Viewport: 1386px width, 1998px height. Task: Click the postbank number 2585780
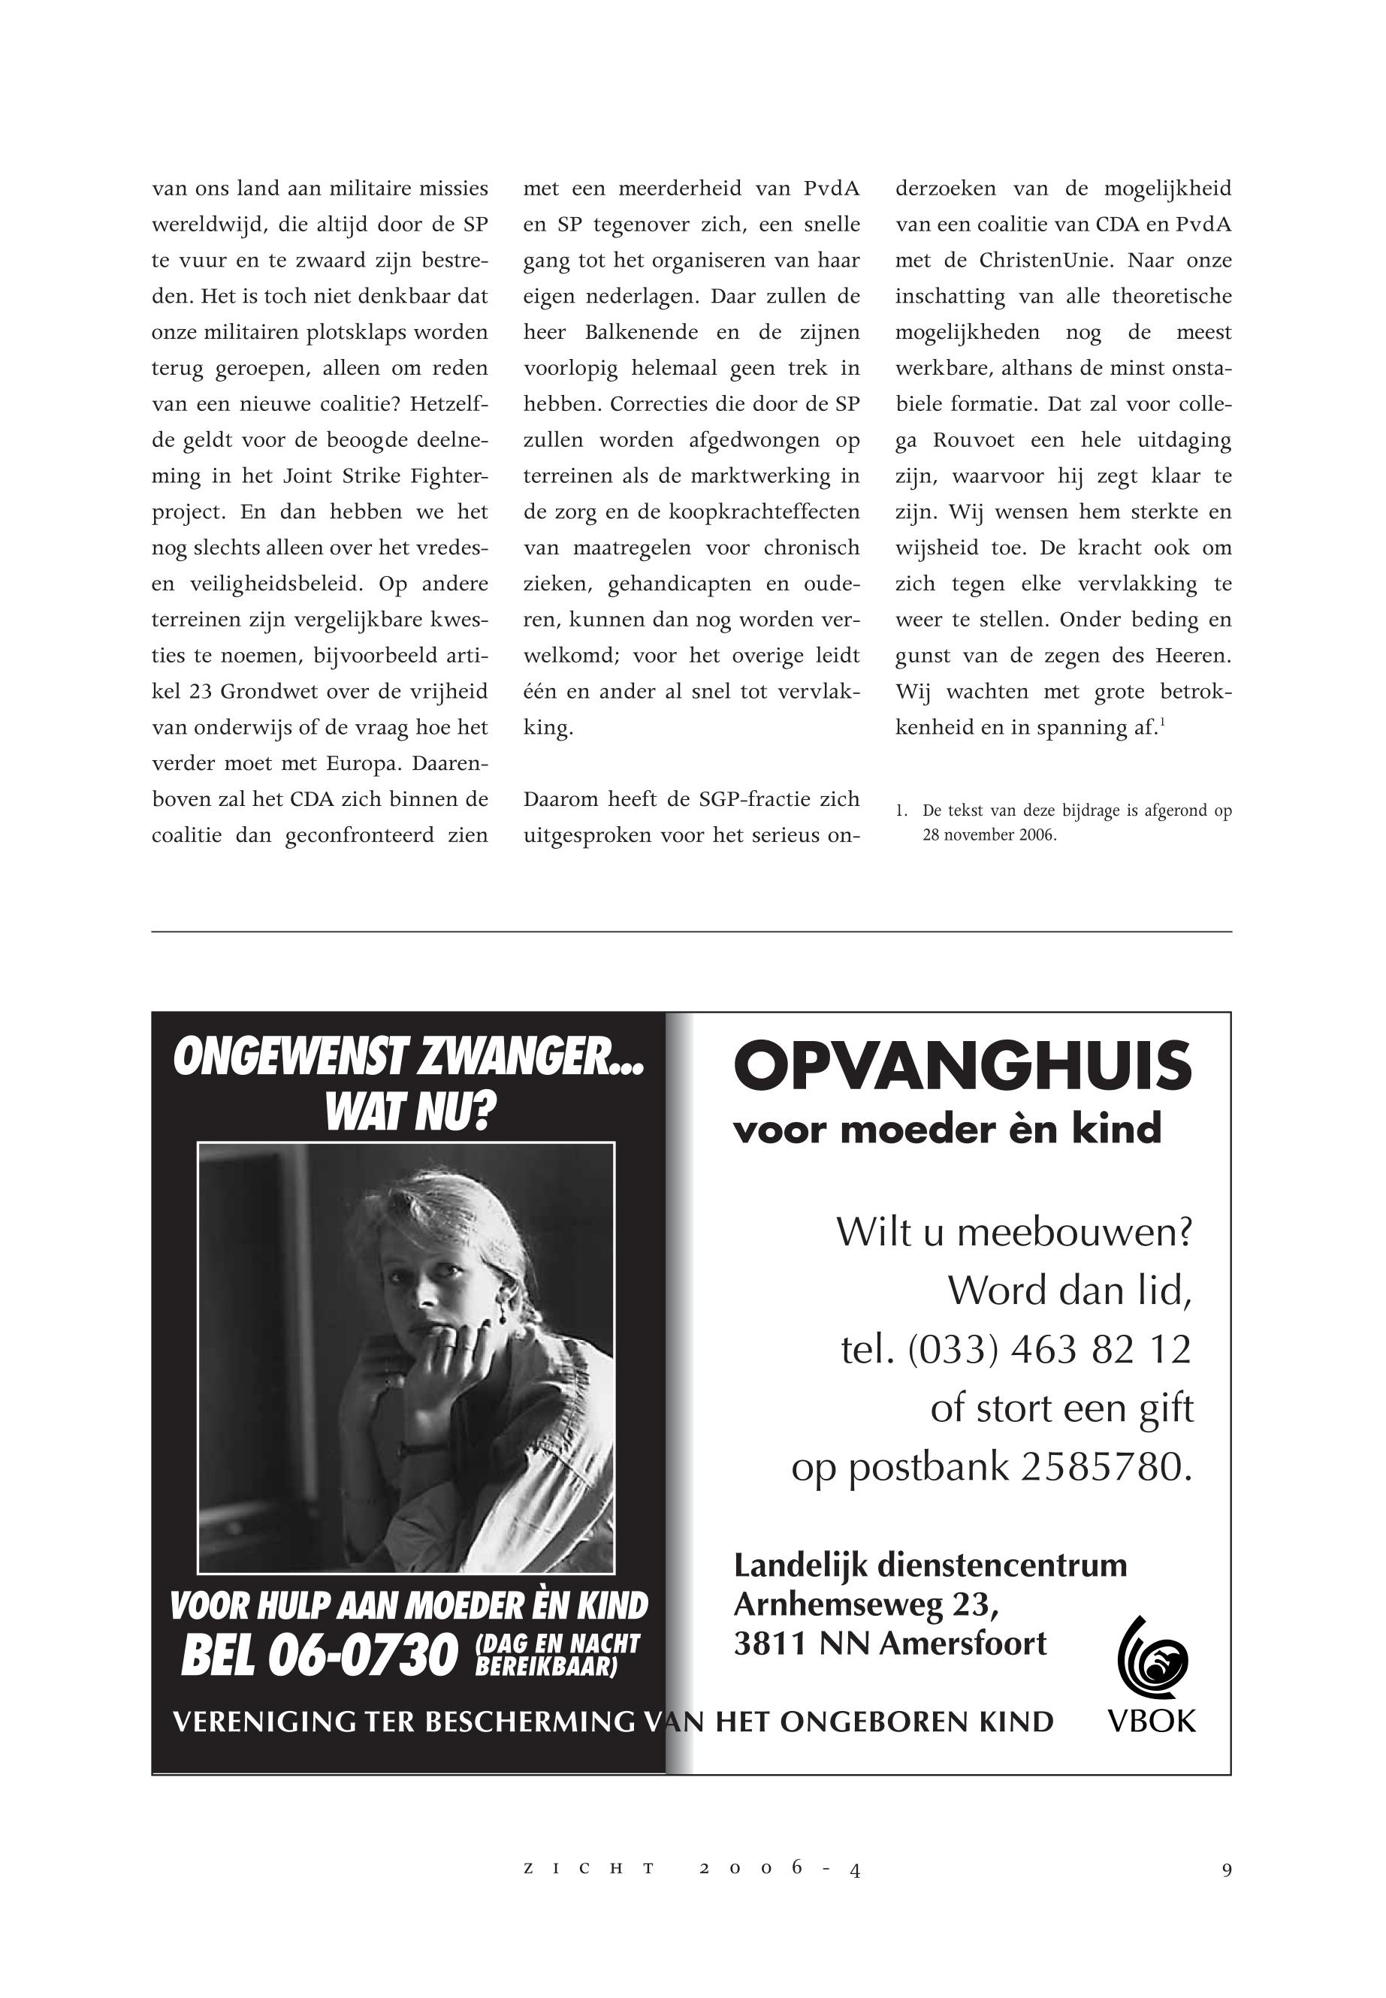pos(1107,1467)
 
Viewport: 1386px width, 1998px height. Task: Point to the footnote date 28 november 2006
pos(989,836)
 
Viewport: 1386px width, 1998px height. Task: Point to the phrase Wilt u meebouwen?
pos(1013,1231)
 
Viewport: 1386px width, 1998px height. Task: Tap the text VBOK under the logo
pos(1152,1720)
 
